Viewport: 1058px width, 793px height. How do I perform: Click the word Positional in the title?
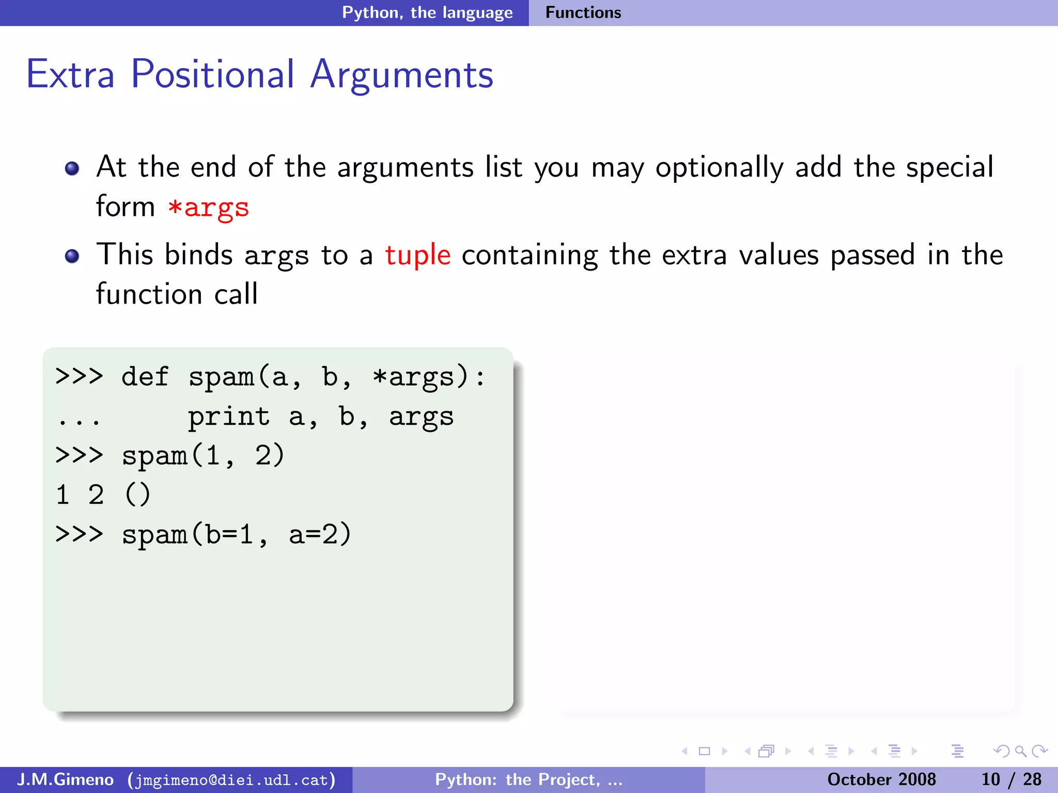[212, 75]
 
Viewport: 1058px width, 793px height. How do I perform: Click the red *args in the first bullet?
[208, 208]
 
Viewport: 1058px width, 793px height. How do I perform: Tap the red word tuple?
[417, 255]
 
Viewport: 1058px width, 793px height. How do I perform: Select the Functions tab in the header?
[583, 12]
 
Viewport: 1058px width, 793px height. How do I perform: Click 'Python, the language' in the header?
[427, 12]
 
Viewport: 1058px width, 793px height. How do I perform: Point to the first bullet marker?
[72, 168]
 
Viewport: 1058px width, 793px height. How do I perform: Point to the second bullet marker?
[72, 256]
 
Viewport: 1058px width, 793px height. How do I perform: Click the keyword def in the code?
[145, 377]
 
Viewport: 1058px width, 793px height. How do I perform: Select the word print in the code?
[228, 417]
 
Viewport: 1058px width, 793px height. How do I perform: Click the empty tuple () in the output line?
[137, 495]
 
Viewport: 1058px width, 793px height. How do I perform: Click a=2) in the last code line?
[320, 534]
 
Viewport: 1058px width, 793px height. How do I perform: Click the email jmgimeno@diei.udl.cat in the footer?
[232, 780]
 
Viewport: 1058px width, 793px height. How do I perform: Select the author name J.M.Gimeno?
[66, 780]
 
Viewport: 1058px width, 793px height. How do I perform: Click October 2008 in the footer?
[881, 780]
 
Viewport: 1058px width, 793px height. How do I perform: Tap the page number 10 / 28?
[1011, 780]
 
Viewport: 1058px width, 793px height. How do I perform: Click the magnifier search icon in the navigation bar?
[1020, 751]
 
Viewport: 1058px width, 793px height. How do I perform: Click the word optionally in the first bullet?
[719, 168]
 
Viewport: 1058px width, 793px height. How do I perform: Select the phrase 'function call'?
[177, 294]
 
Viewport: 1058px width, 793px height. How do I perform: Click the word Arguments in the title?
[401, 75]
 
